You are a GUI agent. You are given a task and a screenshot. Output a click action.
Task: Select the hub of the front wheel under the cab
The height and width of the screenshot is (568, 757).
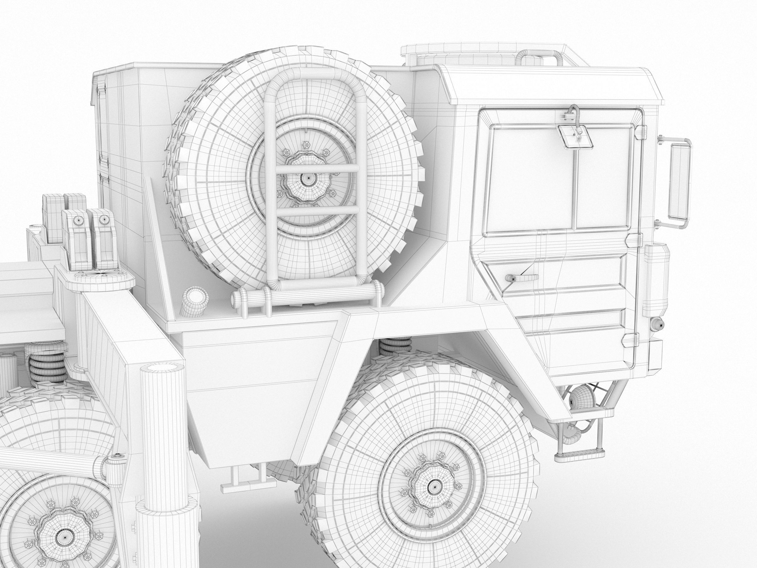coord(435,486)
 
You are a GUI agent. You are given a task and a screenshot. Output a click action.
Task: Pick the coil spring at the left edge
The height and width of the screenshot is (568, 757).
coord(44,370)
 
